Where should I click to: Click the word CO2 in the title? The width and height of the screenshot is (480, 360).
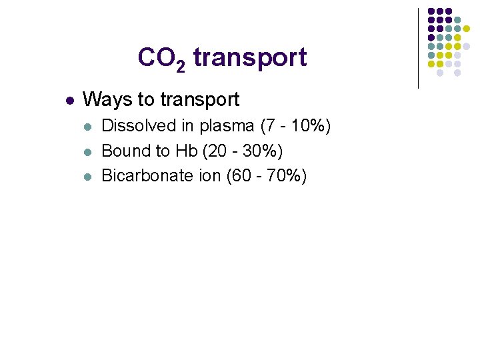[161, 58]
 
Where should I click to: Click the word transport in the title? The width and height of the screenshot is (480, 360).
[250, 58]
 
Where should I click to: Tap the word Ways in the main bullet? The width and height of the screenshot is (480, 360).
[107, 100]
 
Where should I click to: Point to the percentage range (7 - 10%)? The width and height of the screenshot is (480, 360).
[295, 126]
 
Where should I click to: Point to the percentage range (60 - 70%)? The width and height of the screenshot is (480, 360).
[267, 177]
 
